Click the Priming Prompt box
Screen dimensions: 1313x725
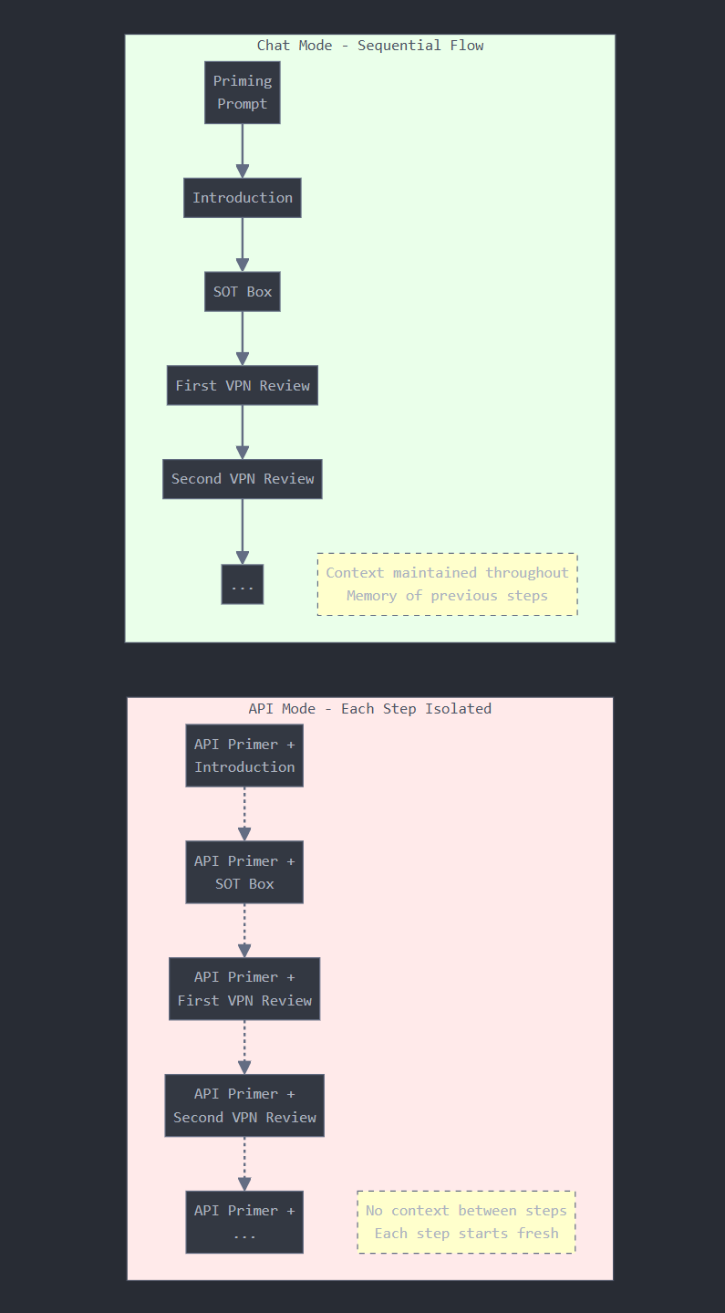pos(243,92)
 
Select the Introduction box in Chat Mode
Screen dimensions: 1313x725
pos(243,198)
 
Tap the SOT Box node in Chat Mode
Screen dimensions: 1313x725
pos(243,292)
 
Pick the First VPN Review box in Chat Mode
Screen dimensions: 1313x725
pos(243,386)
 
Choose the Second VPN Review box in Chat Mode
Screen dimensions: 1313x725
pos(243,479)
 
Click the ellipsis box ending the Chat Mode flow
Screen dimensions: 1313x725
pos(243,585)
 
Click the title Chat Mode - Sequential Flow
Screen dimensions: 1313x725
pos(370,46)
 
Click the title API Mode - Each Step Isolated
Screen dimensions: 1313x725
pos(370,709)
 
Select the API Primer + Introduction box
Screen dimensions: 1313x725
pos(244,755)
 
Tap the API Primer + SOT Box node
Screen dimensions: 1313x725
pos(244,872)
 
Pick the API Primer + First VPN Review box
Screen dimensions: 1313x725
pos(244,989)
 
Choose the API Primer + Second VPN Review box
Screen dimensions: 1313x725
pos(244,1106)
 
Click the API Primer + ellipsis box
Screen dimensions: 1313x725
pos(244,1222)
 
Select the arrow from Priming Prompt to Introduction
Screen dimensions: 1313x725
pos(243,151)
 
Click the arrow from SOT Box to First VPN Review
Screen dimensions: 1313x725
pos(243,339)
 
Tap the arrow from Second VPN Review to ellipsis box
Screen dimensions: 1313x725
pos(243,532)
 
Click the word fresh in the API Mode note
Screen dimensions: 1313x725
pos(538,1234)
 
